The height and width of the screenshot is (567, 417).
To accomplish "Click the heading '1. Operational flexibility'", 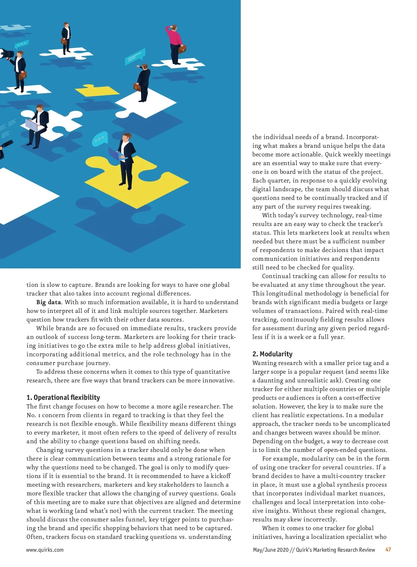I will [x=63, y=397].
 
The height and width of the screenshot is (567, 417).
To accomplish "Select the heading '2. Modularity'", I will [x=272, y=354].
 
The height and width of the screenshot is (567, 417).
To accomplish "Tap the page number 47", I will [x=388, y=550].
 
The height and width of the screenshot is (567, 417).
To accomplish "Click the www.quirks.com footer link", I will [x=45, y=550].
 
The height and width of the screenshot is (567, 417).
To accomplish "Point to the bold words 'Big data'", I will [x=49, y=302].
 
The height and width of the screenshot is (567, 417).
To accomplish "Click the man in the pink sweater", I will [x=174, y=40].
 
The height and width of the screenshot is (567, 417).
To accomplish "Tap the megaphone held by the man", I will [x=6, y=54].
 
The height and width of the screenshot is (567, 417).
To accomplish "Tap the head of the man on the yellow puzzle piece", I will [x=127, y=137].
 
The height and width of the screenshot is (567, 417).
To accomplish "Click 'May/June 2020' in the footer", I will [x=271, y=550].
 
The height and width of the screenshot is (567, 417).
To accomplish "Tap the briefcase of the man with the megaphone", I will [x=23, y=75].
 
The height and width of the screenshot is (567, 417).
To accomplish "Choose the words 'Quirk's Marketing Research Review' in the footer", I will [x=335, y=550].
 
